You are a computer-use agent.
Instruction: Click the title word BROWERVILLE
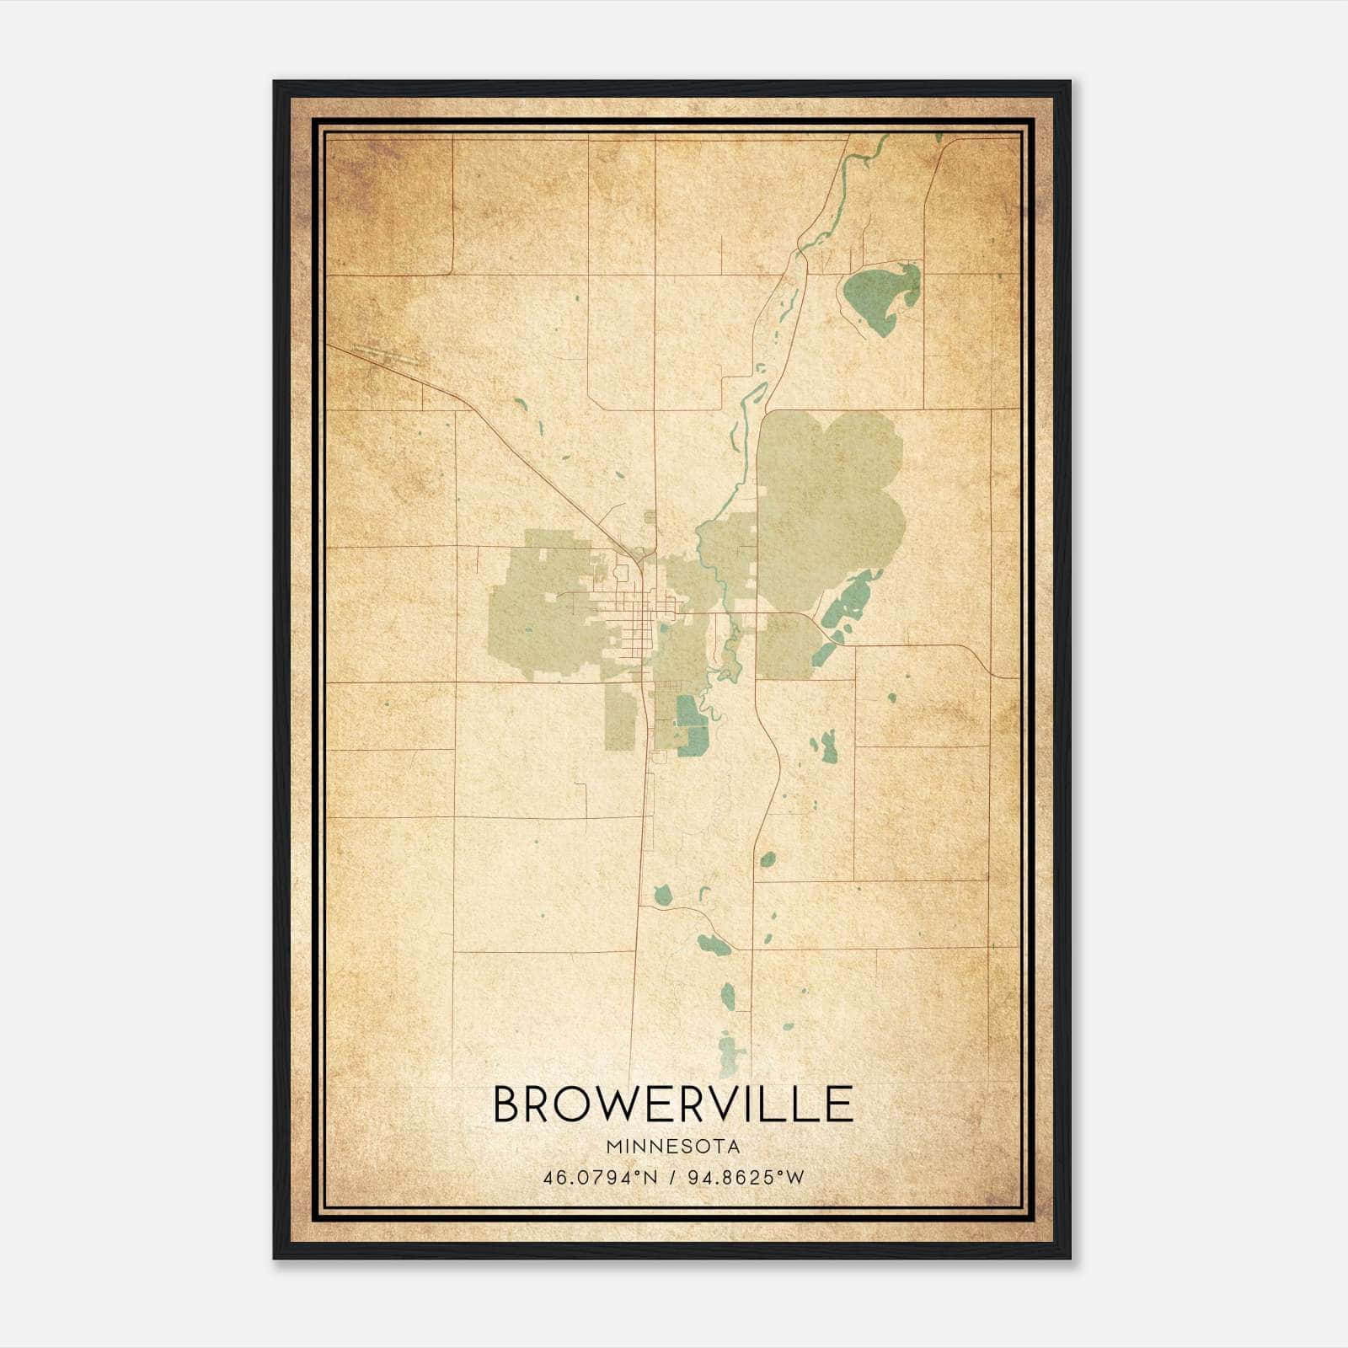672,1105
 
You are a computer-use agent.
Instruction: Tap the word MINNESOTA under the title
672,1147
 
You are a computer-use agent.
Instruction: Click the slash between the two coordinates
672,1177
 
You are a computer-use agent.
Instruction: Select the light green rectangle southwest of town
619,717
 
